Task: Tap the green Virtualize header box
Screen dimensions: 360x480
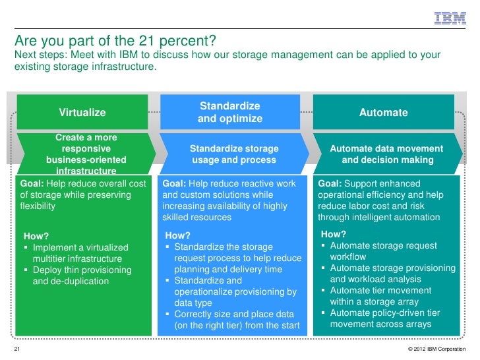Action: (82, 113)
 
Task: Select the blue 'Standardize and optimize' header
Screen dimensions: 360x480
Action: (230, 112)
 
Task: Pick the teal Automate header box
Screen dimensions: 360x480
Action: (383, 113)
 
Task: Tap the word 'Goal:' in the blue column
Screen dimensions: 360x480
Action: (175, 183)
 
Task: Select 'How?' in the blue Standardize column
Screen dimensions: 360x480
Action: (178, 236)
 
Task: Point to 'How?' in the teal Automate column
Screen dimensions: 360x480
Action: (333, 234)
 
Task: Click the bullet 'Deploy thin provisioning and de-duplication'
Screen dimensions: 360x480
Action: (82, 276)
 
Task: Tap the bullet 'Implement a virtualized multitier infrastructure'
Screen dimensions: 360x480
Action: (80, 253)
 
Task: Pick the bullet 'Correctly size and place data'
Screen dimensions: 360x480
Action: (234, 320)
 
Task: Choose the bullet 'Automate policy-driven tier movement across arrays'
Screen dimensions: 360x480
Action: (393, 318)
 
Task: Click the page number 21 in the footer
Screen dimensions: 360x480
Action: (17, 347)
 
